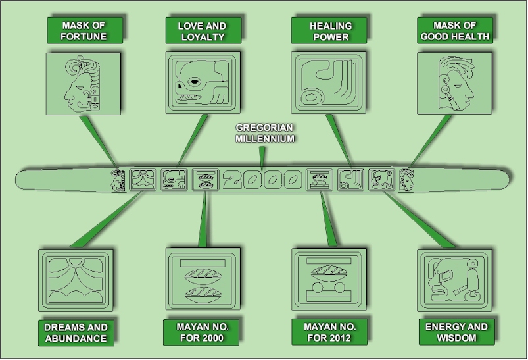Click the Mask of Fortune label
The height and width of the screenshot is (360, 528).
[84, 30]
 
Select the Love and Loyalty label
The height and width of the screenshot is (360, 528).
[202, 30]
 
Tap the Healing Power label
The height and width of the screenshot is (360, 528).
[330, 30]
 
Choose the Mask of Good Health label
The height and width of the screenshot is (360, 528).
[454, 30]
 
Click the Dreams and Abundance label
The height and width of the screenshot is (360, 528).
[76, 332]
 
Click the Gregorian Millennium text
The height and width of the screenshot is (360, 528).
[266, 134]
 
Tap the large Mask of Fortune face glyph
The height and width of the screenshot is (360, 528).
[84, 85]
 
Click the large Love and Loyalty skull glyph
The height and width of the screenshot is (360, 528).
[202, 84]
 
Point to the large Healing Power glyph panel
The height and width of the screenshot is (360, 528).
[328, 83]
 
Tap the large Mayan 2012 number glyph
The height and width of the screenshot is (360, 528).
[327, 279]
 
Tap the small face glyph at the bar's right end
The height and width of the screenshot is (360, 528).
[407, 178]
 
